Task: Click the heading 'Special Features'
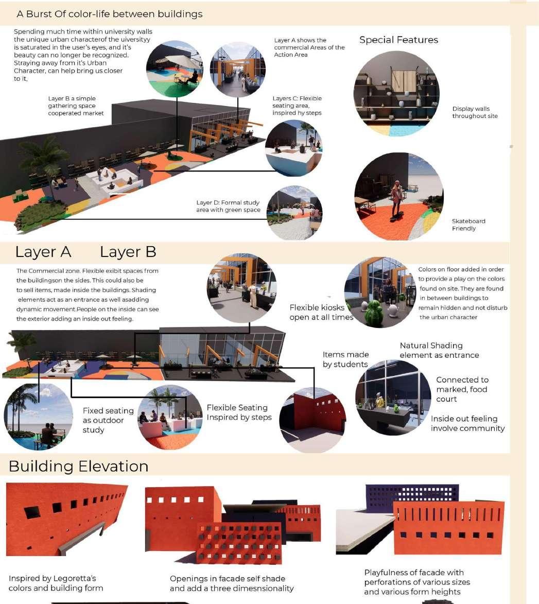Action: (x=398, y=40)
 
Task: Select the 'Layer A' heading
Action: (x=43, y=252)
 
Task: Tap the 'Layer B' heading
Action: (x=128, y=252)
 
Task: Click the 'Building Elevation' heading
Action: (x=78, y=467)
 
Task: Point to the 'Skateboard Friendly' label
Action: (x=468, y=225)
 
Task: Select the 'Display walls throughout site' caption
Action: (x=475, y=112)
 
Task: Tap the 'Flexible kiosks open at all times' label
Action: (x=321, y=312)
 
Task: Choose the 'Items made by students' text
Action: (x=345, y=359)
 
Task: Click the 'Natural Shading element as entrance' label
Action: (x=439, y=350)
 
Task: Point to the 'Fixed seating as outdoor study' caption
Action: (x=108, y=420)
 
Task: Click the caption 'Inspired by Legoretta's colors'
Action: (x=56, y=583)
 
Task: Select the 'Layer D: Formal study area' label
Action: (x=228, y=206)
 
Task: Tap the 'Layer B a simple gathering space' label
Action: (x=76, y=106)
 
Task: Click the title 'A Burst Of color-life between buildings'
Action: (x=110, y=14)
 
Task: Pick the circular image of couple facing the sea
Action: (x=39, y=417)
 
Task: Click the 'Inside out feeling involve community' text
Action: (x=467, y=423)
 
